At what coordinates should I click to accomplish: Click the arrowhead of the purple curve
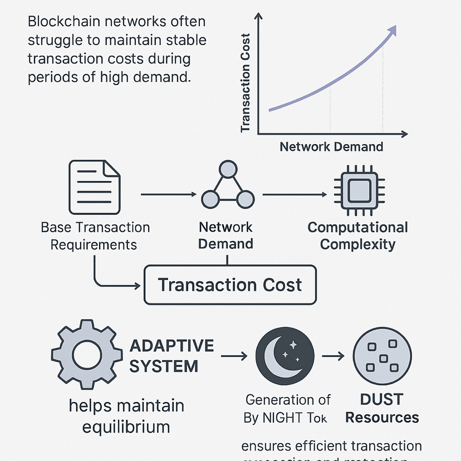[x=392, y=30]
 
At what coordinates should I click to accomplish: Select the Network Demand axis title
[x=331, y=147]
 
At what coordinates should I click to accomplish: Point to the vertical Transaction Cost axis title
[x=245, y=84]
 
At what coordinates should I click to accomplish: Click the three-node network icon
[x=227, y=185]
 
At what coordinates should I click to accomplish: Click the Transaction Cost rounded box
[x=230, y=285]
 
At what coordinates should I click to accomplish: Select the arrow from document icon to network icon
[x=170, y=194]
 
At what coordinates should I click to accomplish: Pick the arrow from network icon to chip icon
[x=295, y=194]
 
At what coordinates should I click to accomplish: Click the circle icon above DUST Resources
[x=382, y=355]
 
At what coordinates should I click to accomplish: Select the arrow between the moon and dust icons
[x=334, y=356]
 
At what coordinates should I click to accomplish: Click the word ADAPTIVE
[x=171, y=345]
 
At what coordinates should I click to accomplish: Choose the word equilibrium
[x=126, y=428]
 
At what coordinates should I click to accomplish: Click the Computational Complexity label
[x=357, y=236]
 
